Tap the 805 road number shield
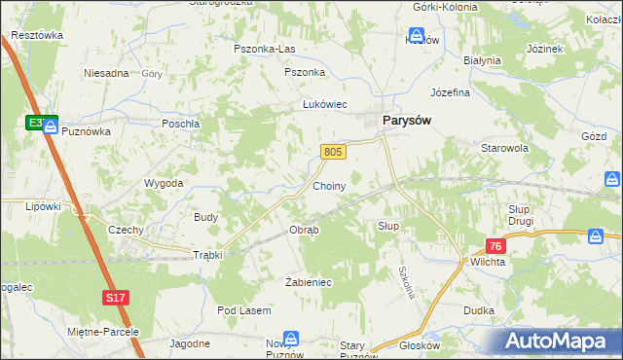coord(333,151)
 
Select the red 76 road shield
coord(495,247)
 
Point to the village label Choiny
coord(329,184)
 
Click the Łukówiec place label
coord(324,105)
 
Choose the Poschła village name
coord(181,124)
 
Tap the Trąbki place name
coord(207,255)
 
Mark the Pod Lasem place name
coord(243,310)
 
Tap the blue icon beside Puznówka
coord(50,127)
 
